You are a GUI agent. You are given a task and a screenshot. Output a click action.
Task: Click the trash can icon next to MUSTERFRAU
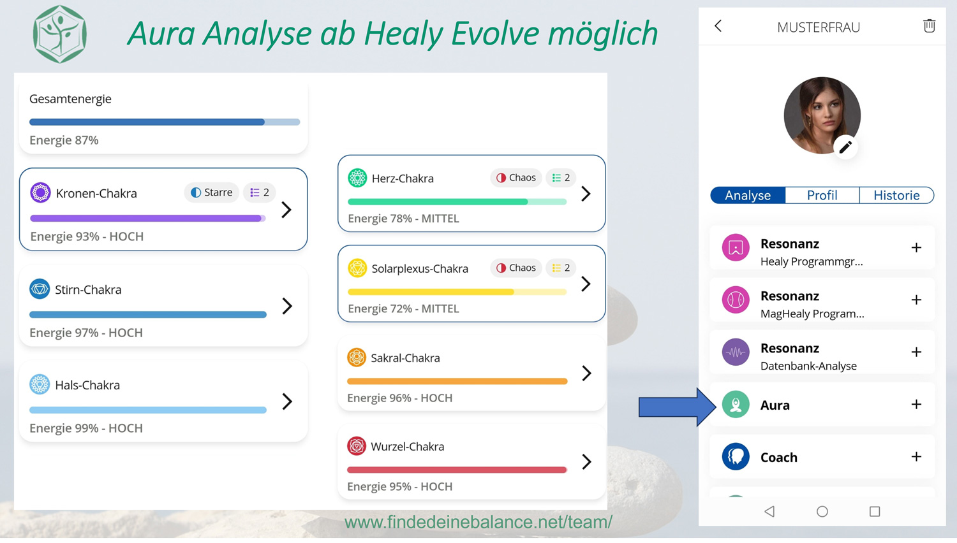pyautogui.click(x=929, y=25)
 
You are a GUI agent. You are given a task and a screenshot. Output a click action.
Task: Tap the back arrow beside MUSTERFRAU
pyautogui.click(x=718, y=25)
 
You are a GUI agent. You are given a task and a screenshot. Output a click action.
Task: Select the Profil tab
pyautogui.click(x=822, y=195)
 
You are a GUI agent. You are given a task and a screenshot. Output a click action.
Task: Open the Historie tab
pyautogui.click(x=896, y=195)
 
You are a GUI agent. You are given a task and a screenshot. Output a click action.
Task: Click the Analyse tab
pyautogui.click(x=748, y=195)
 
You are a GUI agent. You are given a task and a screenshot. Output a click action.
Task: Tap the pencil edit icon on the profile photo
pyautogui.click(x=845, y=147)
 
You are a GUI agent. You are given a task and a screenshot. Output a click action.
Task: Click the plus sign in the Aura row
pyautogui.click(x=916, y=404)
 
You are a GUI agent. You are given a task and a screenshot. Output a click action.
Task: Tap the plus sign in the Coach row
pyautogui.click(x=916, y=456)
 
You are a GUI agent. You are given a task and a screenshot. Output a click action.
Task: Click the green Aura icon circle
pyautogui.click(x=736, y=404)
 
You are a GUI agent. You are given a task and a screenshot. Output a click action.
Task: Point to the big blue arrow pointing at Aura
pyautogui.click(x=677, y=407)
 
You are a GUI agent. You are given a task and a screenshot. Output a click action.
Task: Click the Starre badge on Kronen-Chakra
pyautogui.click(x=211, y=192)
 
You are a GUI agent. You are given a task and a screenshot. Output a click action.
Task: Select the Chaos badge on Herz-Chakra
pyautogui.click(x=516, y=178)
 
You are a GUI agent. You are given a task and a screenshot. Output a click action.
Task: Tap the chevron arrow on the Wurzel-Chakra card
pyautogui.click(x=586, y=461)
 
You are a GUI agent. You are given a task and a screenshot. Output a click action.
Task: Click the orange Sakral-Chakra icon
pyautogui.click(x=356, y=358)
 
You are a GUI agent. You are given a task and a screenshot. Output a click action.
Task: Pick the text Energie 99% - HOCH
pyautogui.click(x=86, y=428)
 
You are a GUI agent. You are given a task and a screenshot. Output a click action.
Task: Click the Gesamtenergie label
pyautogui.click(x=70, y=99)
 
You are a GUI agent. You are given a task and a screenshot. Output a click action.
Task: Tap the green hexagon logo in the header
pyautogui.click(x=60, y=34)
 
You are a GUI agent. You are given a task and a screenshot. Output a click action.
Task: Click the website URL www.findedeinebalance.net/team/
pyautogui.click(x=478, y=522)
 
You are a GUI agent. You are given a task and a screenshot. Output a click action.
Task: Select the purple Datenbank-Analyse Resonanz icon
pyautogui.click(x=736, y=352)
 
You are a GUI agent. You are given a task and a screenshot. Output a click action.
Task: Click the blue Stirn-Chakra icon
pyautogui.click(x=40, y=289)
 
